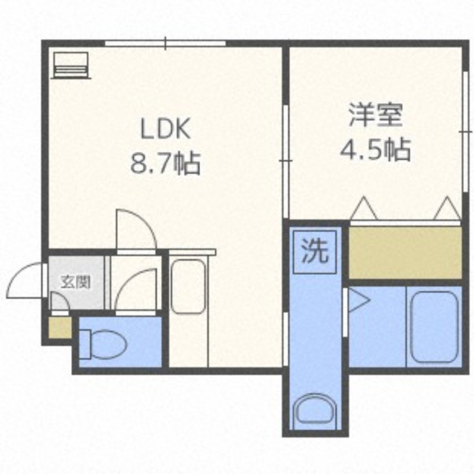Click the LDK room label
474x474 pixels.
coord(165,129)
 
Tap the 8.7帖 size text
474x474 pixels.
coord(165,162)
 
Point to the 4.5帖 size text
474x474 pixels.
coord(375,149)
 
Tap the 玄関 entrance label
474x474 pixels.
coord(76,283)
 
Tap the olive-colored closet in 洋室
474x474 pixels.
coord(405,252)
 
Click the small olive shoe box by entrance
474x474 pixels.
coord(59,328)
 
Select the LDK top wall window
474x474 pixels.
coord(165,43)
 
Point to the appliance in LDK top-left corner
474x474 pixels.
coord(70,65)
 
